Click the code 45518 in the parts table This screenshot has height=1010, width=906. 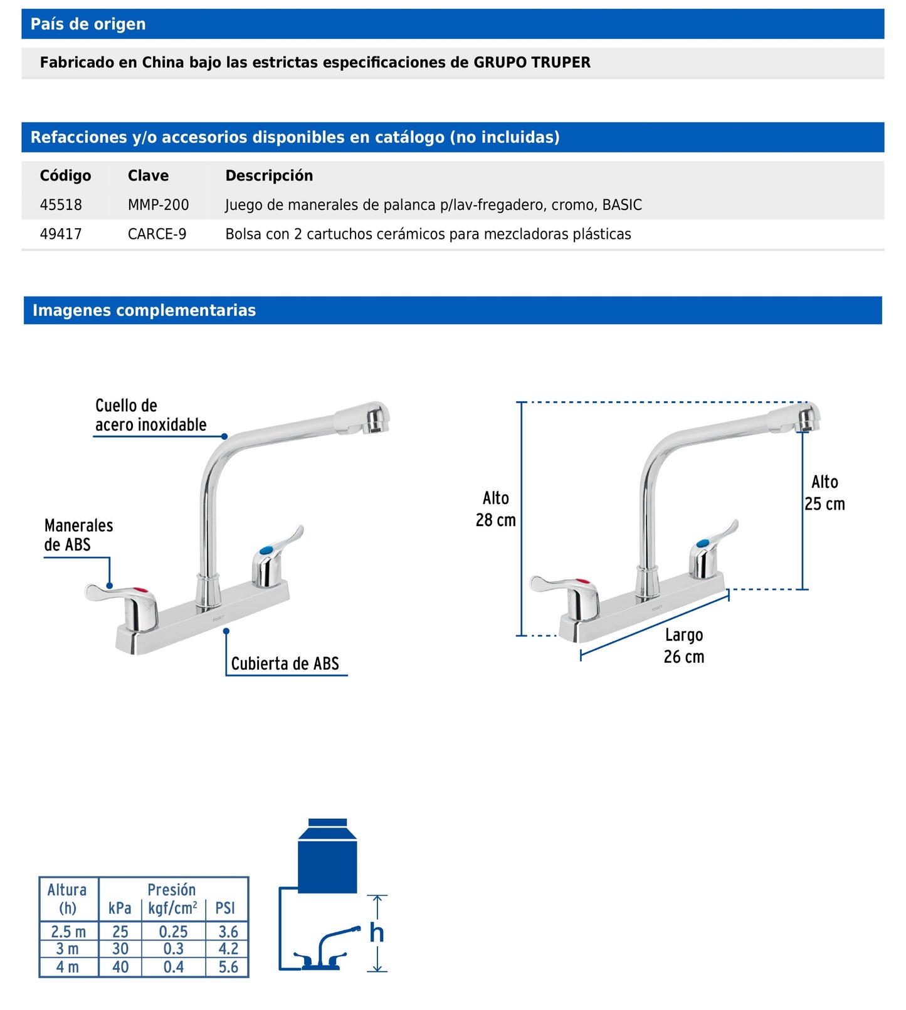pyautogui.click(x=61, y=205)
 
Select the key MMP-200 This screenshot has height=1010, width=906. pyautogui.click(x=158, y=205)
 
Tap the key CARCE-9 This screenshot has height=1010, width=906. pyautogui.click(x=157, y=234)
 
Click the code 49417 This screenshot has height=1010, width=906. pyautogui.click(x=61, y=234)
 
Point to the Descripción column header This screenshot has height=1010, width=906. pyautogui.click(x=269, y=176)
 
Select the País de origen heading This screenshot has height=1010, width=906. pyautogui.click(x=88, y=24)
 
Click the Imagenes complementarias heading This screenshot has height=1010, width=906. pyautogui.click(x=144, y=310)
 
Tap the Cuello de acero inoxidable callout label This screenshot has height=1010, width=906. pyautogui.click(x=150, y=415)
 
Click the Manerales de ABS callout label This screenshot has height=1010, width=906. pyautogui.click(x=78, y=535)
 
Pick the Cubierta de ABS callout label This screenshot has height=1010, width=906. pyautogui.click(x=285, y=663)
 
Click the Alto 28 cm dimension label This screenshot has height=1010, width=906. pyautogui.click(x=495, y=509)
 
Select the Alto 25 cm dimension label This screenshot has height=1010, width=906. pyautogui.click(x=824, y=493)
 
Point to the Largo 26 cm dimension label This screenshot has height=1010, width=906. pyautogui.click(x=683, y=646)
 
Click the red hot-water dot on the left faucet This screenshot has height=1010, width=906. pyautogui.click(x=144, y=590)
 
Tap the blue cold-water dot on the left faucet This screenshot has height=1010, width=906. pyautogui.click(x=266, y=550)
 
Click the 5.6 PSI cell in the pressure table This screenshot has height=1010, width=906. pyautogui.click(x=228, y=967)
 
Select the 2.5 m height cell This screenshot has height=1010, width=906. pyautogui.click(x=68, y=932)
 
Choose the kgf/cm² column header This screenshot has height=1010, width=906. pyautogui.click(x=173, y=908)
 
